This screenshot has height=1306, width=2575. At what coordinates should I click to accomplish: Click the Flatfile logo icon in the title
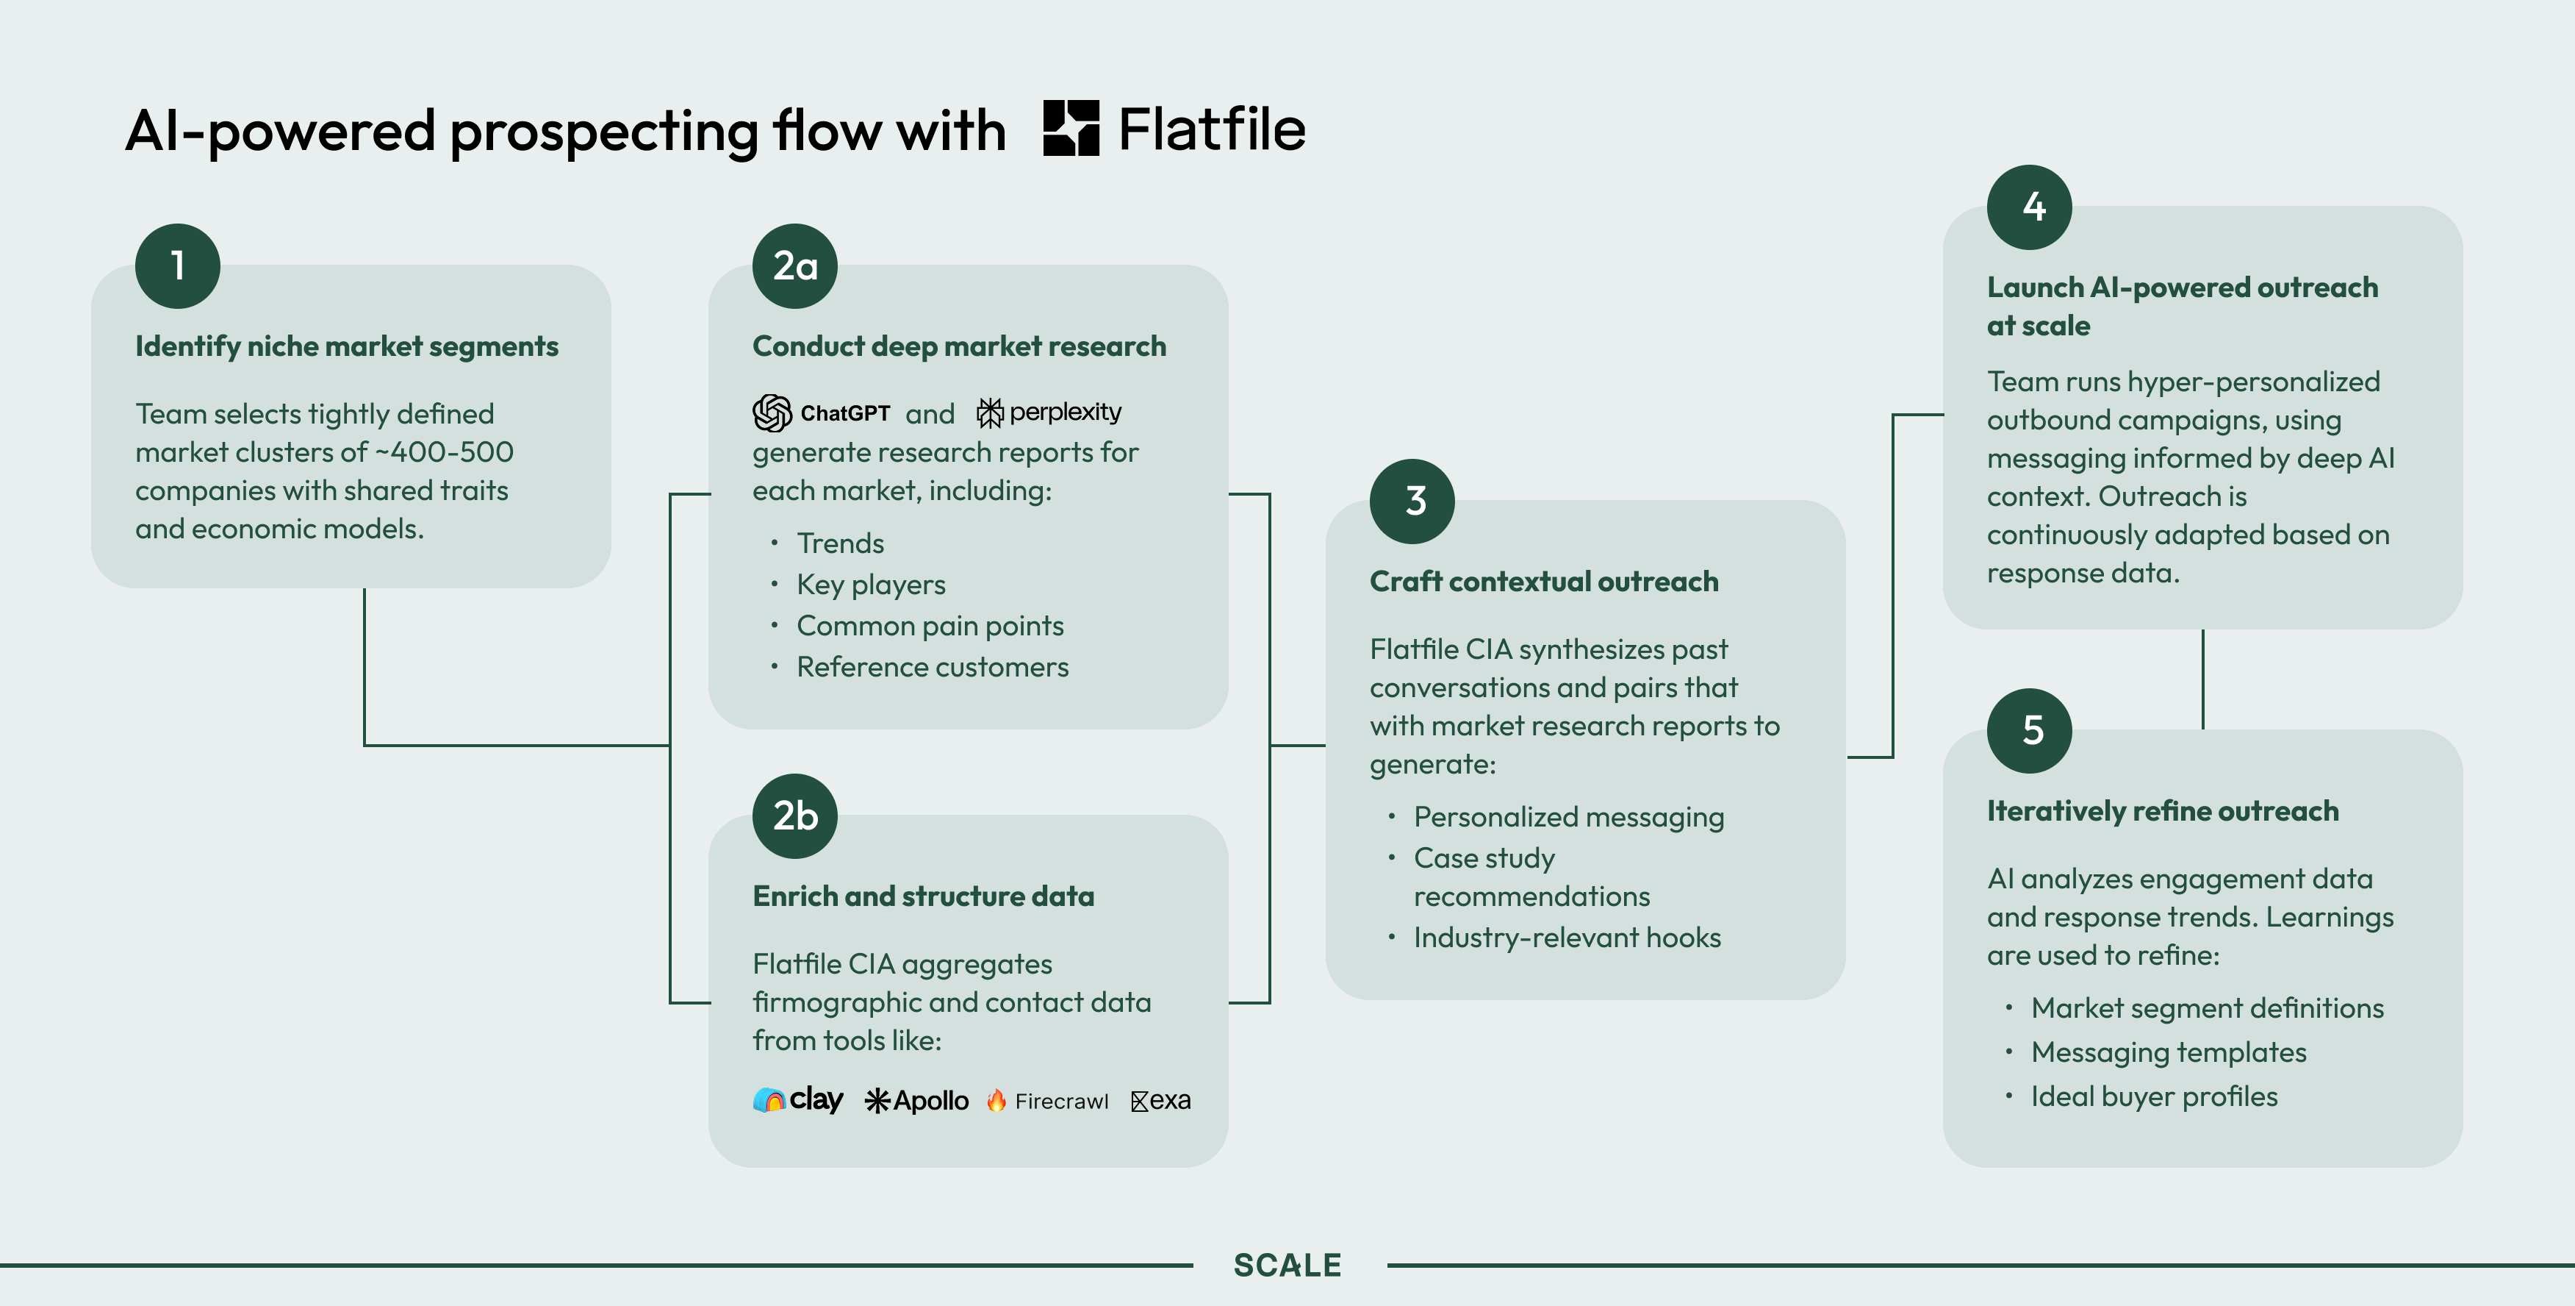pyautogui.click(x=1071, y=128)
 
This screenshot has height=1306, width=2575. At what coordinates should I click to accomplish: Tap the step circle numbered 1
pyautogui.click(x=178, y=266)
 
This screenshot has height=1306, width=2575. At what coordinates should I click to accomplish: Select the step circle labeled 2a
pyautogui.click(x=794, y=266)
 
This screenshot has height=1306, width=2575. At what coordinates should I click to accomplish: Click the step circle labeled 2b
pyautogui.click(x=794, y=816)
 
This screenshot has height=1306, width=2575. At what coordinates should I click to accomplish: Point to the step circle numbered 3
pyautogui.click(x=1412, y=501)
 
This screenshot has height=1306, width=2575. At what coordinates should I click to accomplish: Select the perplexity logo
pyautogui.click(x=1049, y=412)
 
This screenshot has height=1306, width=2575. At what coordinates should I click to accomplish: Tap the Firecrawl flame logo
pyautogui.click(x=996, y=1100)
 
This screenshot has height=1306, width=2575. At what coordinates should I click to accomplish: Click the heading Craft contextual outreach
pyautogui.click(x=1543, y=581)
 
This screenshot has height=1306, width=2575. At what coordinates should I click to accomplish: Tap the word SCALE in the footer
pyautogui.click(x=1287, y=1265)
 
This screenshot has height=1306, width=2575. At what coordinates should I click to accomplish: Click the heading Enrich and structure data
pyautogui.click(x=923, y=896)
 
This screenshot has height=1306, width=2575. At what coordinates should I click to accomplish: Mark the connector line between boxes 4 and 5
pyautogui.click(x=2203, y=678)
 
